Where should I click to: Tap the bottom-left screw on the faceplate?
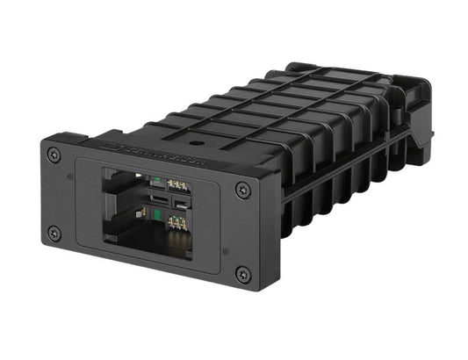click(x=55, y=233)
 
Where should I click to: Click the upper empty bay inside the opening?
click(x=123, y=186)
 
